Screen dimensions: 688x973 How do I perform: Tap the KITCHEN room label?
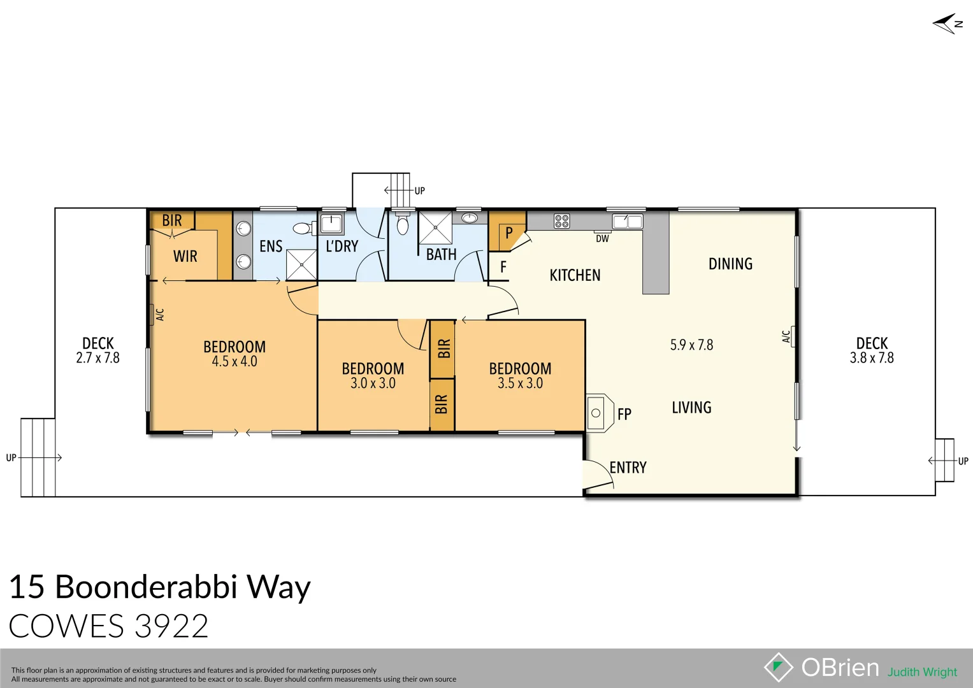[575, 275]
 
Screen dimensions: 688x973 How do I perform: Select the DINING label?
[730, 264]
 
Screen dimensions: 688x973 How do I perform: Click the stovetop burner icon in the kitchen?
[561, 221]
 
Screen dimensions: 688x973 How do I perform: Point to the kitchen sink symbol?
[627, 221]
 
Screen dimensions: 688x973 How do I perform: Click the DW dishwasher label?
[602, 239]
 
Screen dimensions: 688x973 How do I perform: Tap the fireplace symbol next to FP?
[596, 413]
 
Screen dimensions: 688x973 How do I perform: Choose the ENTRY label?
[628, 468]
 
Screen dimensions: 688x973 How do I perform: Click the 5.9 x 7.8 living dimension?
[691, 345]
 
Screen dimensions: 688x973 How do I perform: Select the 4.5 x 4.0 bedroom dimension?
[234, 361]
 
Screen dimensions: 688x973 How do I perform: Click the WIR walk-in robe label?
[185, 256]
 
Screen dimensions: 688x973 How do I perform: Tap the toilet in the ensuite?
[303, 228]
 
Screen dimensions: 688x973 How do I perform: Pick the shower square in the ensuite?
[301, 264]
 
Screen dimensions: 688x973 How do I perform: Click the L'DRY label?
[342, 247]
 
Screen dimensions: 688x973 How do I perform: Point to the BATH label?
[441, 255]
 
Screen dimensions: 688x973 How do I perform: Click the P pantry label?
[508, 233]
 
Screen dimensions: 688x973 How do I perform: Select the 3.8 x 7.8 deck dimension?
[872, 358]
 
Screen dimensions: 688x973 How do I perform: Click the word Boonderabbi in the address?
[147, 587]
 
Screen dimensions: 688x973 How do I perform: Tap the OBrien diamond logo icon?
[778, 667]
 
